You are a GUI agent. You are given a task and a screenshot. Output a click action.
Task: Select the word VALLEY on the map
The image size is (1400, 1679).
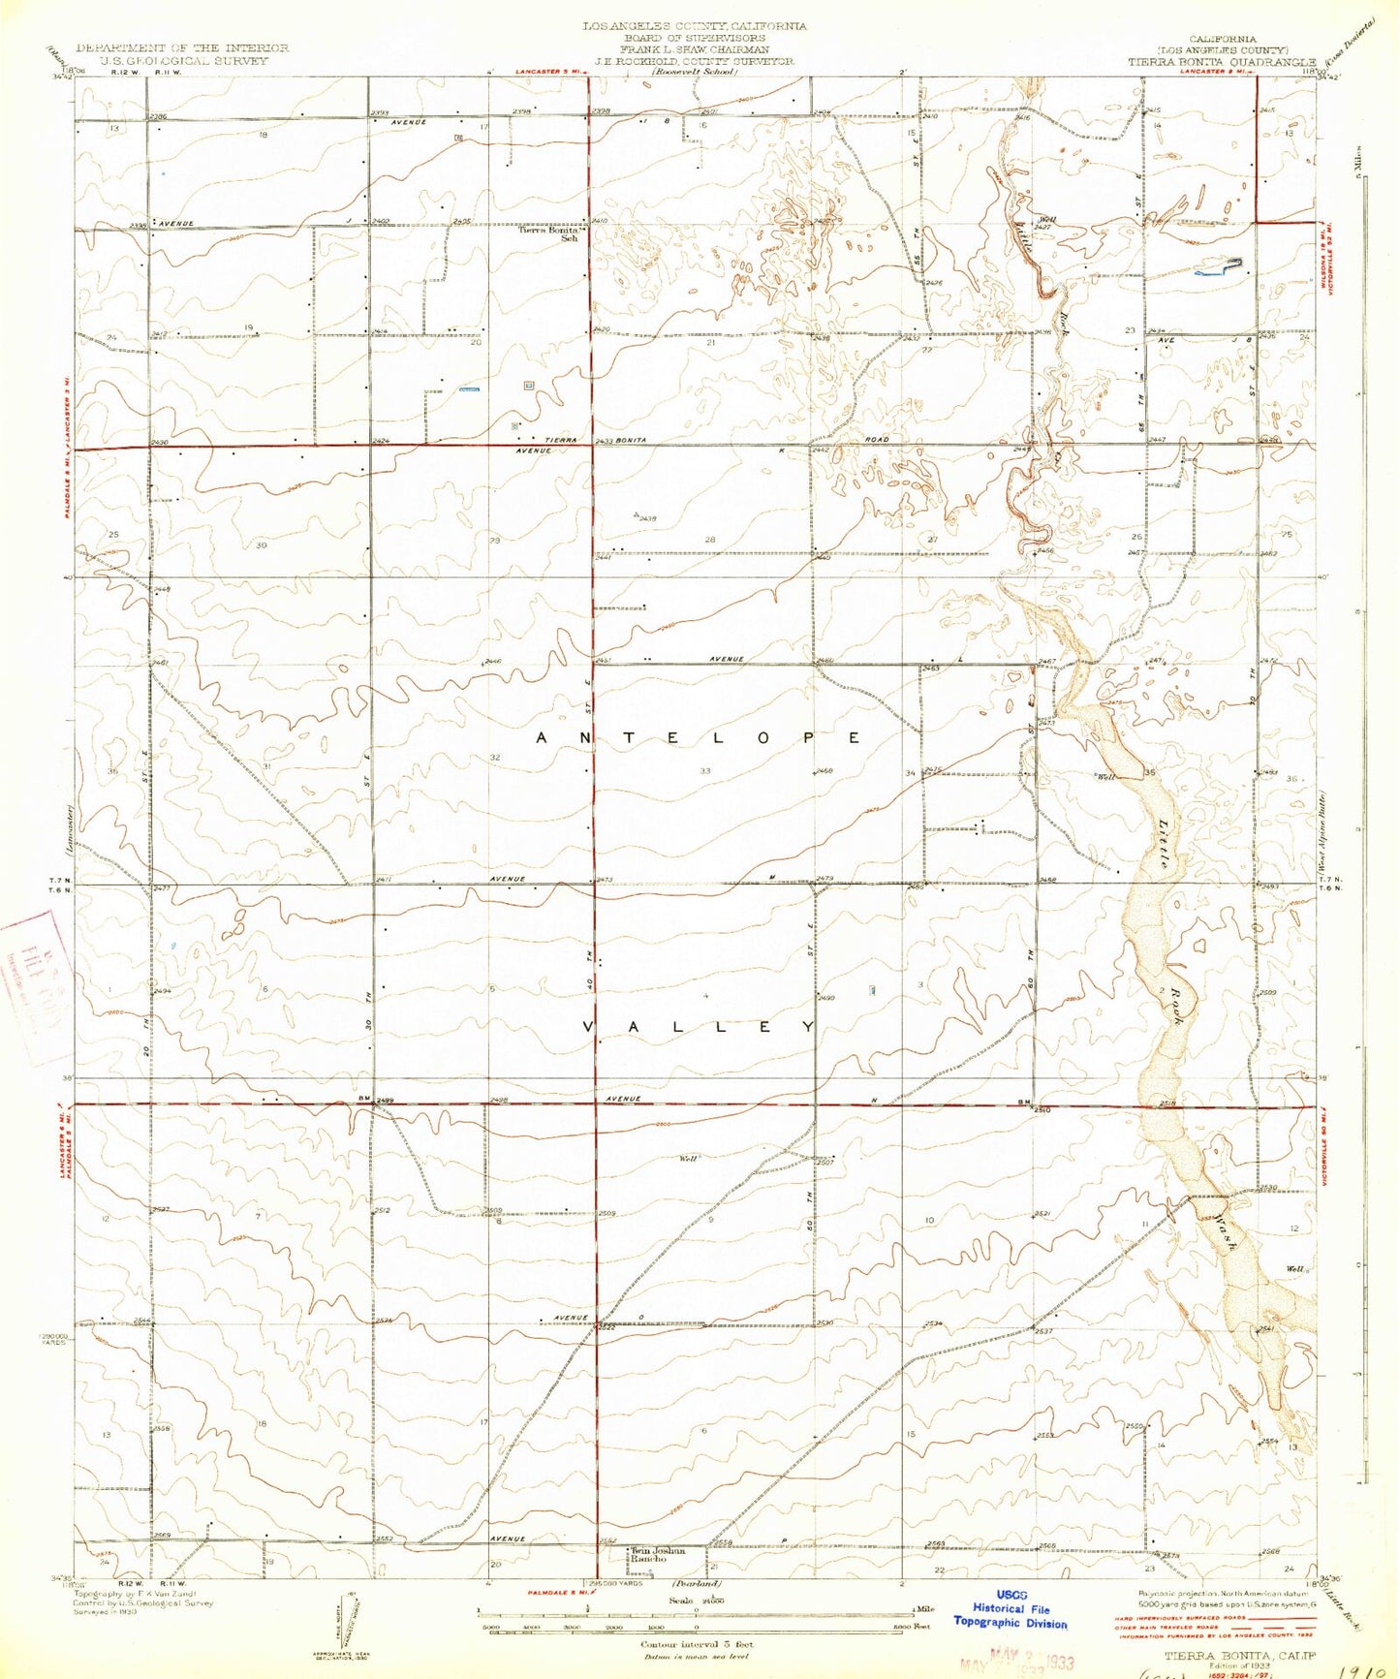(700, 1027)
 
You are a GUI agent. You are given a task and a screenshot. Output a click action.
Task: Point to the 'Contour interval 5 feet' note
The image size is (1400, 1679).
(697, 1644)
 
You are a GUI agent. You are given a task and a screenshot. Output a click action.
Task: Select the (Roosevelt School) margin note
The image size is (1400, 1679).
(694, 72)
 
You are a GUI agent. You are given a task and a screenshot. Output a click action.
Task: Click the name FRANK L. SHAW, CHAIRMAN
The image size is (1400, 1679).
(696, 48)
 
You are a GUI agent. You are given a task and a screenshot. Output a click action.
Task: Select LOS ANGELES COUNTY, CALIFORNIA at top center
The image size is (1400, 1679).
(695, 26)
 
